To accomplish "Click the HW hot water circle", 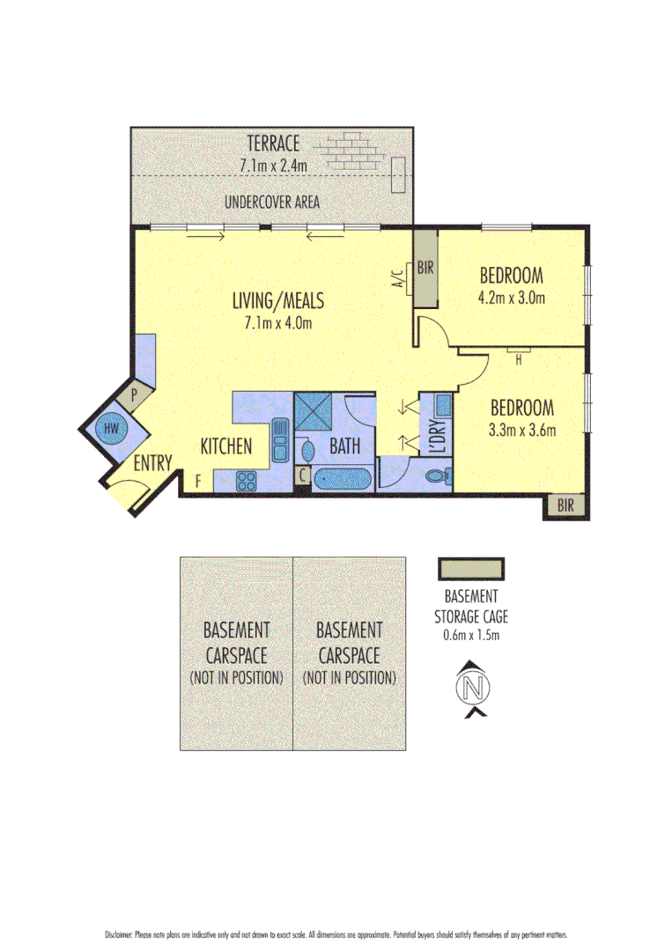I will pyautogui.click(x=111, y=429).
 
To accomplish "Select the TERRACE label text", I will pyautogui.click(x=273, y=143).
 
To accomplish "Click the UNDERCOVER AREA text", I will pyautogui.click(x=271, y=203).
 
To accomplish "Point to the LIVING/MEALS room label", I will pyautogui.click(x=277, y=301).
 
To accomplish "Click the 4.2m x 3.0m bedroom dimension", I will pyautogui.click(x=511, y=298).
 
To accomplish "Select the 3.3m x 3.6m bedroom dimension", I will pyautogui.click(x=521, y=431).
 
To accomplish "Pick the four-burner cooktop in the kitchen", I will pyautogui.click(x=246, y=481).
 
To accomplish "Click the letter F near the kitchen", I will pyautogui.click(x=198, y=481).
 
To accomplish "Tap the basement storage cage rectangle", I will pyautogui.click(x=471, y=568).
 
